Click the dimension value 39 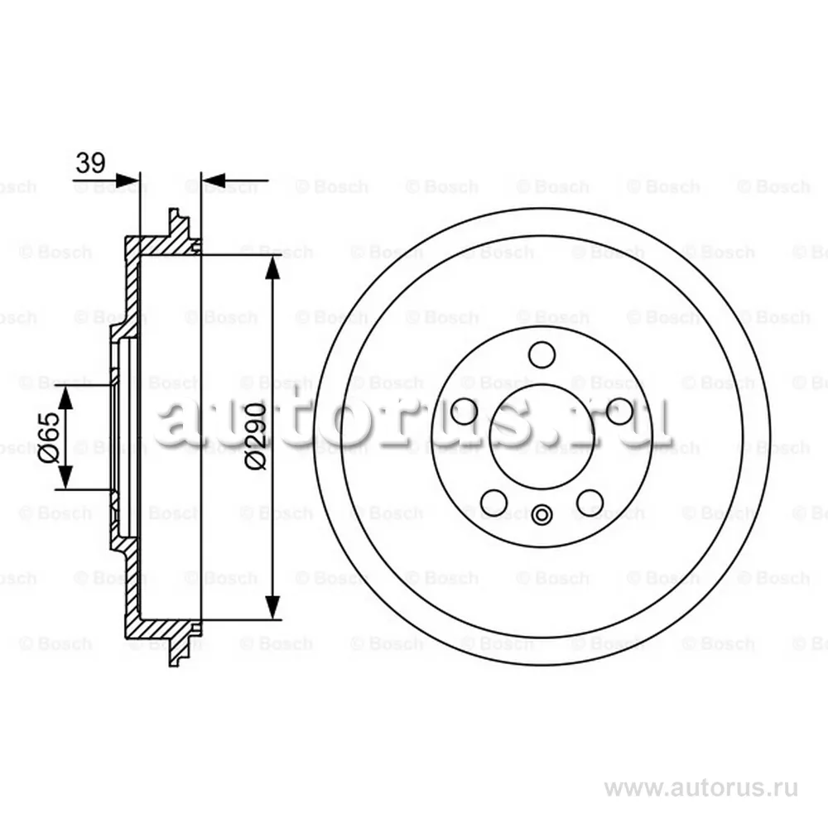pyautogui.click(x=90, y=163)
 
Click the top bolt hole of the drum pyautogui.click(x=542, y=354)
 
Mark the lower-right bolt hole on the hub pyautogui.click(x=590, y=501)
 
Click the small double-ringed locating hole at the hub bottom pyautogui.click(x=542, y=516)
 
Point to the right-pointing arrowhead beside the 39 pyautogui.click(x=129, y=179)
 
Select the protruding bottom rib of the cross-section pyautogui.click(x=177, y=651)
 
